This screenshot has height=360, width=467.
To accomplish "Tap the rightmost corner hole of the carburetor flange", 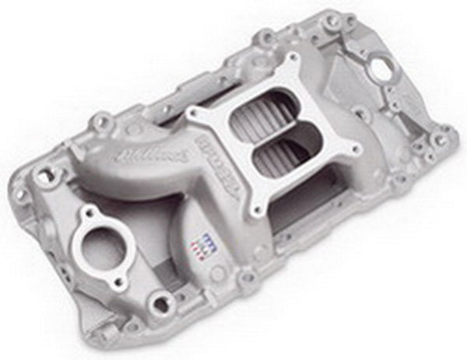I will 355,149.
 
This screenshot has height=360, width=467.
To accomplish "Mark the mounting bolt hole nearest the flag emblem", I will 248,276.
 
